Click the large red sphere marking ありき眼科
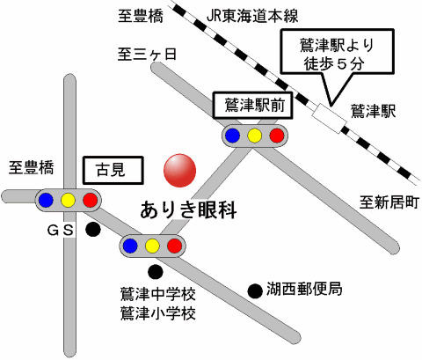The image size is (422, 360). [x=179, y=171]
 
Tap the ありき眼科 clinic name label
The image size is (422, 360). [x=188, y=210]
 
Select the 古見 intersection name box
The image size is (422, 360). [x=113, y=170]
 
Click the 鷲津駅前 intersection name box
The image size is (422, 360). [x=253, y=106]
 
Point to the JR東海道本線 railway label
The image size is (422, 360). [x=252, y=16]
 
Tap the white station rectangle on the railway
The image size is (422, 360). [x=329, y=118]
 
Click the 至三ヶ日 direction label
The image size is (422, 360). [x=147, y=55]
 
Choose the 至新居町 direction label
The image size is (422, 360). [x=389, y=202]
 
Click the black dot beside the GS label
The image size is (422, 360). [x=93, y=230]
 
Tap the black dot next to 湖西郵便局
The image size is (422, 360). [x=255, y=291]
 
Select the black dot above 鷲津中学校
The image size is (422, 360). [x=156, y=272]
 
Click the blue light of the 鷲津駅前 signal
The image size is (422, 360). [x=232, y=136]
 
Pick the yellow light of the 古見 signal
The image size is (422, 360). [x=68, y=201]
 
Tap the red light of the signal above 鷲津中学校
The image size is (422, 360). [x=174, y=246]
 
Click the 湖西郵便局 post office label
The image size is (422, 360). [x=304, y=289]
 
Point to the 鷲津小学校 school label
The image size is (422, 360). [x=158, y=313]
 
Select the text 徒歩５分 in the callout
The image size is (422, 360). [x=334, y=63]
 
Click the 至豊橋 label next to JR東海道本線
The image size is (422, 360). [x=141, y=16]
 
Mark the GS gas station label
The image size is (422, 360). [x=61, y=231]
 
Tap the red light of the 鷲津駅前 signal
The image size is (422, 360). [x=277, y=136]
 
